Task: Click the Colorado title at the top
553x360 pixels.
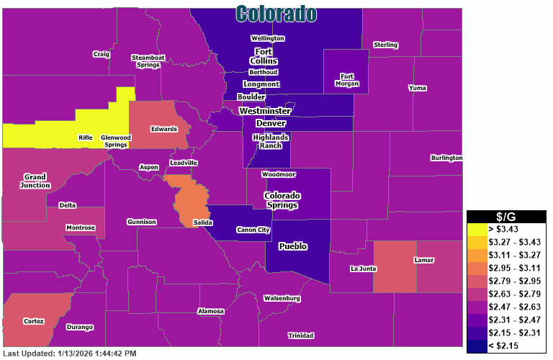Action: point(276,13)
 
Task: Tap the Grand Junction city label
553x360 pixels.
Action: point(35,181)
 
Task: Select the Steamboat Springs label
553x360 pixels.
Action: point(148,61)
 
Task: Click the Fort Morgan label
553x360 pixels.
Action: point(347,79)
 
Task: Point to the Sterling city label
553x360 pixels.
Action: point(385,45)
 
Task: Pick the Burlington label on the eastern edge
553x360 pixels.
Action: point(446,158)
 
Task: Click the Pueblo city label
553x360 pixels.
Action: point(293,246)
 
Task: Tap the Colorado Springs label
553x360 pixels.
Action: point(282,200)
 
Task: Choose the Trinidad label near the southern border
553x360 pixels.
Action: point(300,336)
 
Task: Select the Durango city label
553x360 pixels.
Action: point(80,328)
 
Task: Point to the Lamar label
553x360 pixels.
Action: point(424,260)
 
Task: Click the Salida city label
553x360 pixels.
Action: point(202,223)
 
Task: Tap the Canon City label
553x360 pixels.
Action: point(253,230)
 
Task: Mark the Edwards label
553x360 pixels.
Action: point(163,130)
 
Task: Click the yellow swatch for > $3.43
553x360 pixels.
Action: point(477,228)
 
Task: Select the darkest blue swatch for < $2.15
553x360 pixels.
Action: point(477,346)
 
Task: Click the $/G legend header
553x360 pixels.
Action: point(506,217)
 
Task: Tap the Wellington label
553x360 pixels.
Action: point(267,38)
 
